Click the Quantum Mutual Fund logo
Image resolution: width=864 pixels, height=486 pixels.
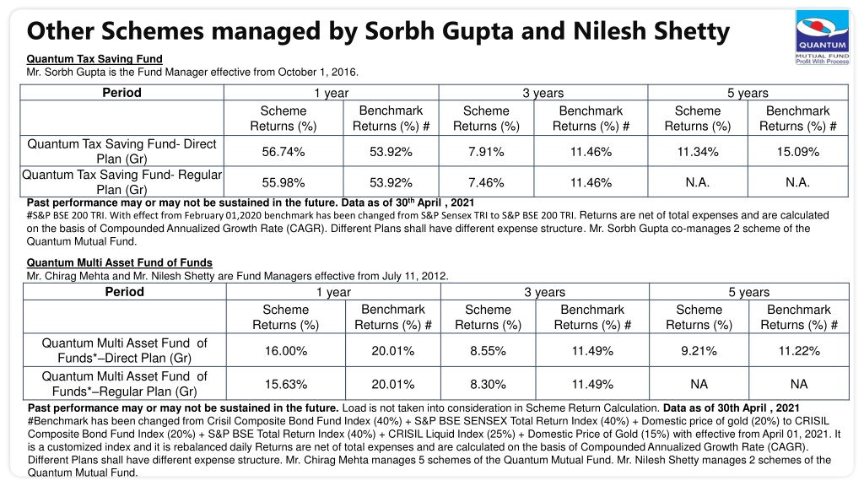822,37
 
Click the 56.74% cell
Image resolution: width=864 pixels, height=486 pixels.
283,152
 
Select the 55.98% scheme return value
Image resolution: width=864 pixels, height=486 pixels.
283,182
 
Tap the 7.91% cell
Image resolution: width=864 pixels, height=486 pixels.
486,152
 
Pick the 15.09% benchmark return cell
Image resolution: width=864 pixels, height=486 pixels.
798,152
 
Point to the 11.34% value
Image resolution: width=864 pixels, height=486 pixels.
698,152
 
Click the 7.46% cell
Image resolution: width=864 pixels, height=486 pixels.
486,182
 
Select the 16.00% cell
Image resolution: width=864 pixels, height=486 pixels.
286,350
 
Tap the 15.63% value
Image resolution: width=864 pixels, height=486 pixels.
286,384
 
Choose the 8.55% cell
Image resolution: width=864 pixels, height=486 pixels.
488,350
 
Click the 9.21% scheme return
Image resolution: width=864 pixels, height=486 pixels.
699,350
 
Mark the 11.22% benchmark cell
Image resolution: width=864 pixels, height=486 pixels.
799,350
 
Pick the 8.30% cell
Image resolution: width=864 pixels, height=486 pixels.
488,384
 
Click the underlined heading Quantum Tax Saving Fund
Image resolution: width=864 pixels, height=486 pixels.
94,59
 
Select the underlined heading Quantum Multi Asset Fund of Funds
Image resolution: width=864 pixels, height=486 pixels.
120,263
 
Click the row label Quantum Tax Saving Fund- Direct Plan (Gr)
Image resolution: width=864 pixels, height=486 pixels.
121,151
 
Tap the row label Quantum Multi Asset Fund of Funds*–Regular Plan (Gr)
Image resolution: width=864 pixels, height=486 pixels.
125,384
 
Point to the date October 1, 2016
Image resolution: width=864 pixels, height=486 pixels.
317,73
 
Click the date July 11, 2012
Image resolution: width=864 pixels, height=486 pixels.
413,276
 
